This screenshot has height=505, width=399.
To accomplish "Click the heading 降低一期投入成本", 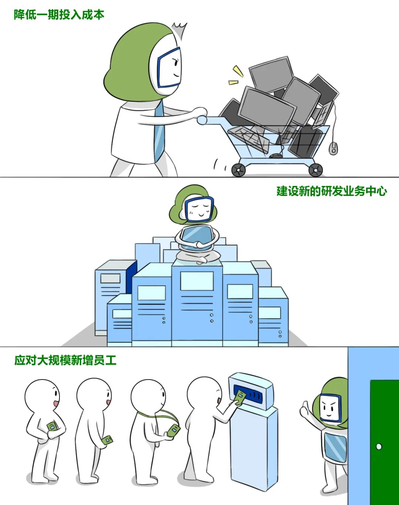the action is pos(59,15).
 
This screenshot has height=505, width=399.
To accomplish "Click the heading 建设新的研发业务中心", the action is pos(331,191).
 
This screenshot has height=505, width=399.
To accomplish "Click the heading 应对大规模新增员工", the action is pos(65,360).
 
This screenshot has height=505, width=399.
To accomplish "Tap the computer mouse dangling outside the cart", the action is pos(333,148).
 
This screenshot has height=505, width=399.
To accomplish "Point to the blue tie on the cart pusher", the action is pos(159,131).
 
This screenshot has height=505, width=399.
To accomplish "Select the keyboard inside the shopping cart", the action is pos(249,140).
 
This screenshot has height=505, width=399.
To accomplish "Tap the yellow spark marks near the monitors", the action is pos(236,76).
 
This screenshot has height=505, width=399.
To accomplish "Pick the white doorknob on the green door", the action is pos(379,446).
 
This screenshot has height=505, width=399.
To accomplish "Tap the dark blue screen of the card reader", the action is pos(250,393).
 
